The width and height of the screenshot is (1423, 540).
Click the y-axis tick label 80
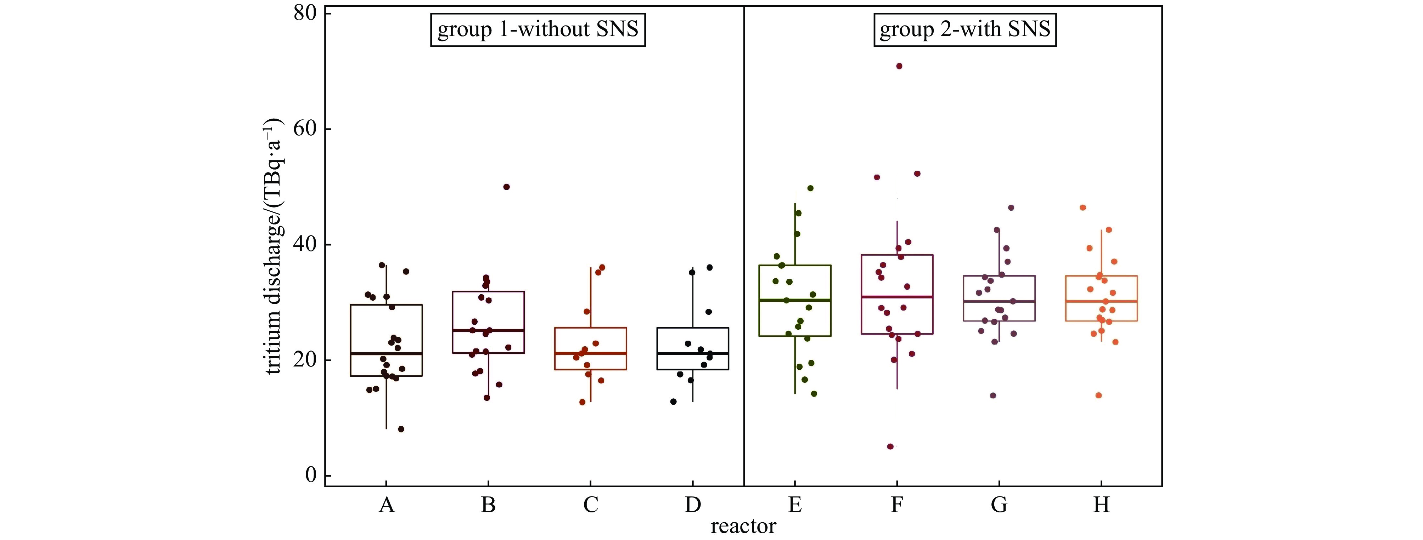[x=305, y=13]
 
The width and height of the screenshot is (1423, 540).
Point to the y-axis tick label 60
[x=305, y=129]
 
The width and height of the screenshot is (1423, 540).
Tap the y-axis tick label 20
[x=305, y=360]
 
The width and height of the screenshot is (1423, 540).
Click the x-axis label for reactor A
[x=386, y=505]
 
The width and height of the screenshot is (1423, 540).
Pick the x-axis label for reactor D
[x=693, y=505]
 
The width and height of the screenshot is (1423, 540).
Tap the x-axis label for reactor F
[x=896, y=505]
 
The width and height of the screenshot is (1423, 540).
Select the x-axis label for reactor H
[x=1101, y=505]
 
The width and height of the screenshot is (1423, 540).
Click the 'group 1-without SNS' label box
[x=538, y=29]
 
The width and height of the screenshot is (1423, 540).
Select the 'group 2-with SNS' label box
[x=964, y=29]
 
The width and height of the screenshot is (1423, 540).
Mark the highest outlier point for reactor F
[x=899, y=66]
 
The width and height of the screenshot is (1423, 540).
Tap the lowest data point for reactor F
[x=890, y=447]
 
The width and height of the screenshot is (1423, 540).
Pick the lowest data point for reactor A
[x=401, y=430]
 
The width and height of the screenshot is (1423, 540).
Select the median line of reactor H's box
[x=1101, y=301]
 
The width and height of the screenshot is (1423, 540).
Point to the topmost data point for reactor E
[x=810, y=188]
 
